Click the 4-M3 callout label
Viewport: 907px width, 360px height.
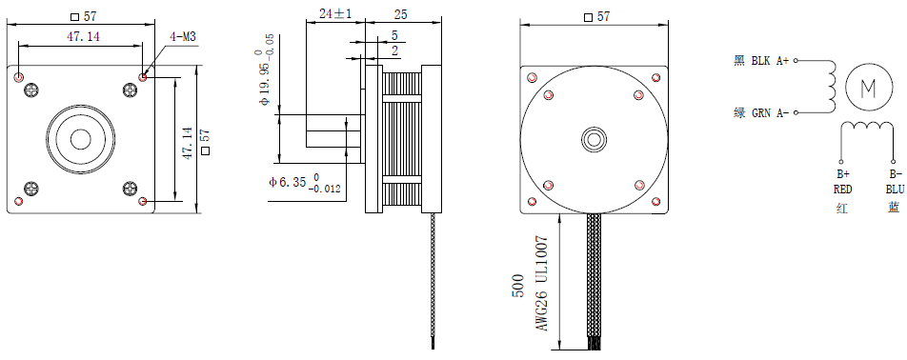[x=182, y=36]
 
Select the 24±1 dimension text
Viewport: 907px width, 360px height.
[x=335, y=14]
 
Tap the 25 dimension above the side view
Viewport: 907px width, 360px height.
[x=400, y=14]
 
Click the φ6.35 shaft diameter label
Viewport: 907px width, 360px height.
[x=305, y=183]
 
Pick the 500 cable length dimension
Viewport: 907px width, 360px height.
[x=518, y=286]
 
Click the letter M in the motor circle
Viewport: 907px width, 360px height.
[x=868, y=88]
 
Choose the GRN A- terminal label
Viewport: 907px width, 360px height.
[x=770, y=112]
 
